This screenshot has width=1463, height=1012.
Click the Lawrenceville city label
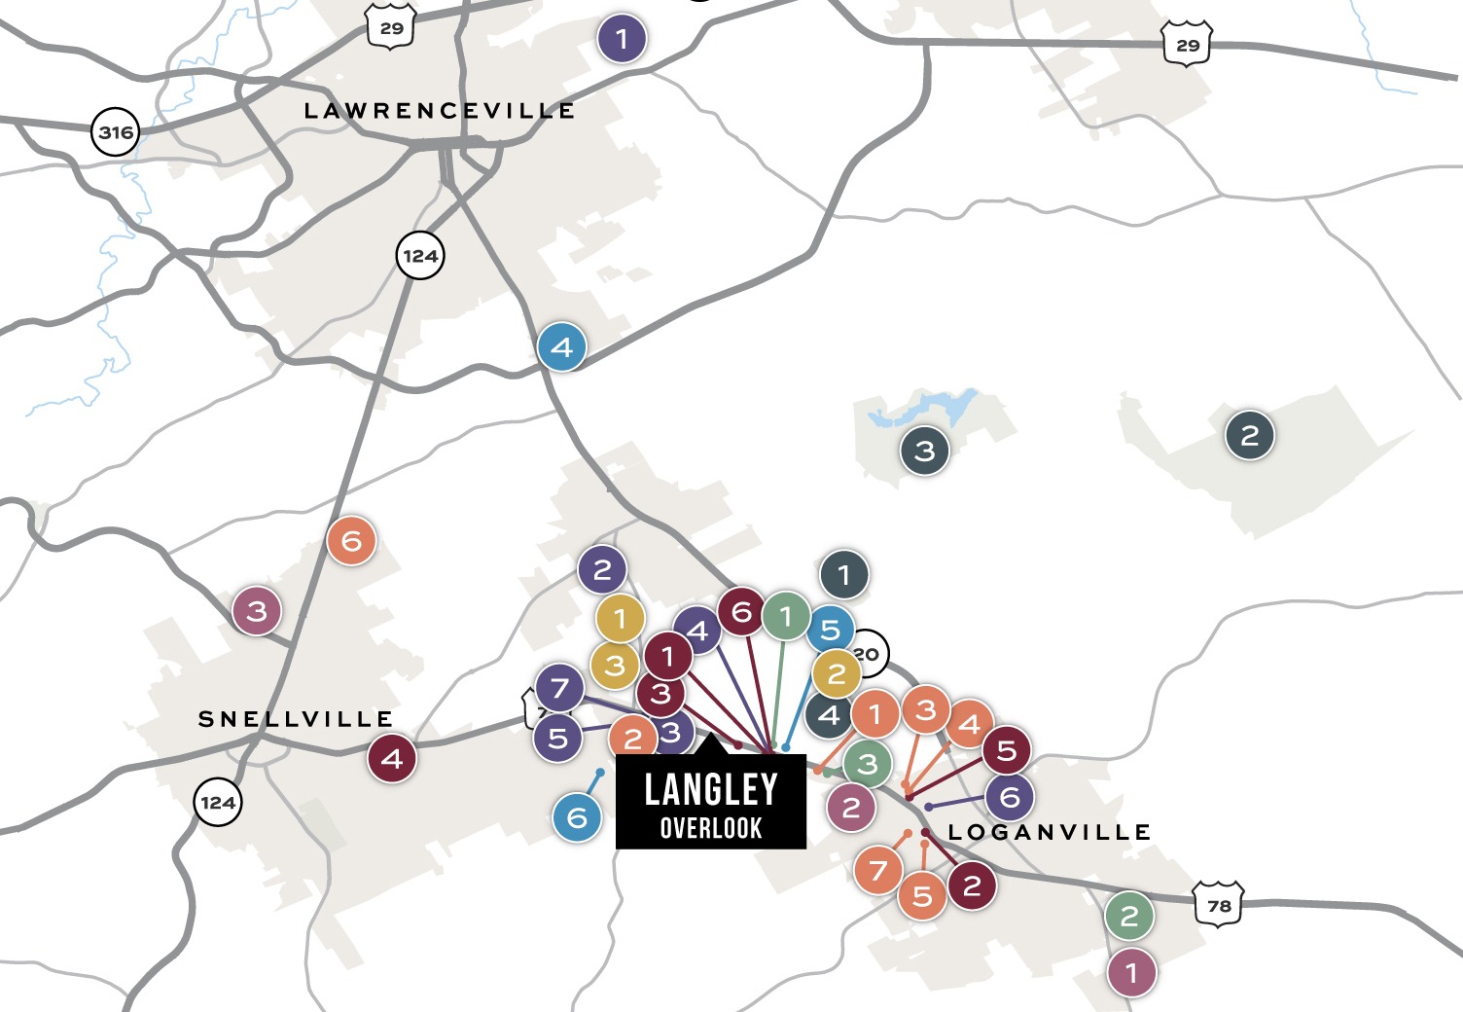tap(439, 111)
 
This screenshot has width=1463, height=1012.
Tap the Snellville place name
tap(296, 719)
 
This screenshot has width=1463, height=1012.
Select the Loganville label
tap(1050, 832)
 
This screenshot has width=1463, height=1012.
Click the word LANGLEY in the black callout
tap(711, 789)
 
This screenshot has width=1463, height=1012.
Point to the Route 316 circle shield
tap(116, 131)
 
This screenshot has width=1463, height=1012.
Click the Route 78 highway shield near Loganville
tap(1219, 904)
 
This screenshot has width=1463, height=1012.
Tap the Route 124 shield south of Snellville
tap(217, 802)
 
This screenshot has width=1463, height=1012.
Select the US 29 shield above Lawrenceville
tap(392, 28)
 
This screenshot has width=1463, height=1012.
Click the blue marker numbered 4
tap(562, 346)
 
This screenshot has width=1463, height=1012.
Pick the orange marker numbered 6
tap(351, 541)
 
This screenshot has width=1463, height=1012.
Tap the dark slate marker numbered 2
tap(1249, 435)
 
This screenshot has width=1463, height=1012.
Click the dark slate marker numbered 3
tap(924, 451)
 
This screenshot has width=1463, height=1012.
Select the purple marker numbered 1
tap(622, 40)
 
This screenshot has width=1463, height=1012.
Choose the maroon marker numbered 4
tap(392, 758)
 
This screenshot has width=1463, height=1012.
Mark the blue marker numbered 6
tap(577, 816)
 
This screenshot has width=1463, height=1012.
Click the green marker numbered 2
tap(1128, 916)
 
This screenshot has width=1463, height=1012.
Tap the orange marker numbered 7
tap(878, 870)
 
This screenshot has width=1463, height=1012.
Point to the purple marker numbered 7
tap(559, 688)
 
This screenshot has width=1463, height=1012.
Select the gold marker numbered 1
tap(620, 618)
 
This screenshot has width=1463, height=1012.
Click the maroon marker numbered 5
tap(1006, 750)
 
